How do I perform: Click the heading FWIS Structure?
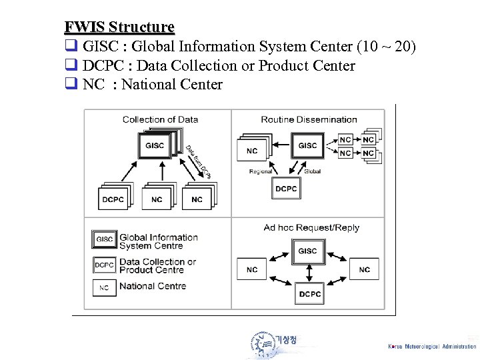tap(119, 27)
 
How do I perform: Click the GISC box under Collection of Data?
tap(153, 146)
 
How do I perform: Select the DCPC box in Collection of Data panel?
tap(113, 199)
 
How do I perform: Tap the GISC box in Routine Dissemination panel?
tap(307, 145)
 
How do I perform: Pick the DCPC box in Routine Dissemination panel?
tap(286, 189)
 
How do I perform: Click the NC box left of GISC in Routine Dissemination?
tap(251, 151)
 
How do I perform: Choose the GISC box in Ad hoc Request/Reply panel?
tap(307, 251)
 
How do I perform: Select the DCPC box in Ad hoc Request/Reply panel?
tap(310, 294)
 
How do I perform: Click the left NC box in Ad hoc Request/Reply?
tap(251, 269)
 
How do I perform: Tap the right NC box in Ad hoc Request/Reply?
tap(364, 269)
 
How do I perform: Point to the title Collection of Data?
tap(160, 119)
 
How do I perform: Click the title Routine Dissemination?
tap(309, 119)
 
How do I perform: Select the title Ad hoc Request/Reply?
tap(311, 227)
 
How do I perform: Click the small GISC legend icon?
tap(104, 239)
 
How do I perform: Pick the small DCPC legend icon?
tap(104, 265)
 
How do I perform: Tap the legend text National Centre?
tap(152, 286)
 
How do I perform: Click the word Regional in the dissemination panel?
tap(260, 171)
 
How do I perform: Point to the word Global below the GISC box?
tap(312, 171)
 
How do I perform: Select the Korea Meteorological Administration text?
tap(432, 346)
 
